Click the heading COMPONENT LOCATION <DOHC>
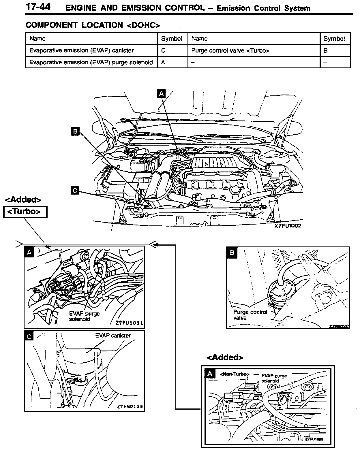coord(93,25)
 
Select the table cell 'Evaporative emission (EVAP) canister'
coord(82,50)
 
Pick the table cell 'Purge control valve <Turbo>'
coord(230,51)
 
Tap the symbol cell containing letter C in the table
coord(163,50)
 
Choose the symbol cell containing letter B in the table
coord(325,51)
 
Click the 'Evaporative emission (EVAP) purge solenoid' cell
coord(91,62)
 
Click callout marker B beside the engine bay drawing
coord(75,131)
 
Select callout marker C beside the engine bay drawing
coord(75,190)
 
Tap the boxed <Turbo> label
coord(25,212)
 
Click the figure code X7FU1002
coord(287,226)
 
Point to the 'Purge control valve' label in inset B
coord(250,315)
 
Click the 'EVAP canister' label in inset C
coord(113,336)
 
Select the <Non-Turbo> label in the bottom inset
coord(234,374)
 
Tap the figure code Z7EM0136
coord(130,407)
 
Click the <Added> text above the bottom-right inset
coord(225,357)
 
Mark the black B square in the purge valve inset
coord(232,253)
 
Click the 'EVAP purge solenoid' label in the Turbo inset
coord(84,316)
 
